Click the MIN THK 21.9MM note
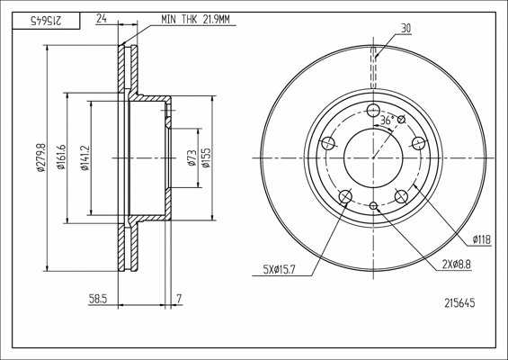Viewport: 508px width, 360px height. click(195, 20)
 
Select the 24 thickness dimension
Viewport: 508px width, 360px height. click(102, 19)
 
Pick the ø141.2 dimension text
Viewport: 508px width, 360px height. click(85, 157)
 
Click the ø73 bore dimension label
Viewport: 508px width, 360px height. click(192, 157)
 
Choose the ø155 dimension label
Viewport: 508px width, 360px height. click(206, 157)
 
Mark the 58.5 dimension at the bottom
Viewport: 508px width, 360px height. click(98, 299)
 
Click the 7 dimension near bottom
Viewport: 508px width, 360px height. click(180, 299)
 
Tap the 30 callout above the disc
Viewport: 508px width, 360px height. click(406, 28)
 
